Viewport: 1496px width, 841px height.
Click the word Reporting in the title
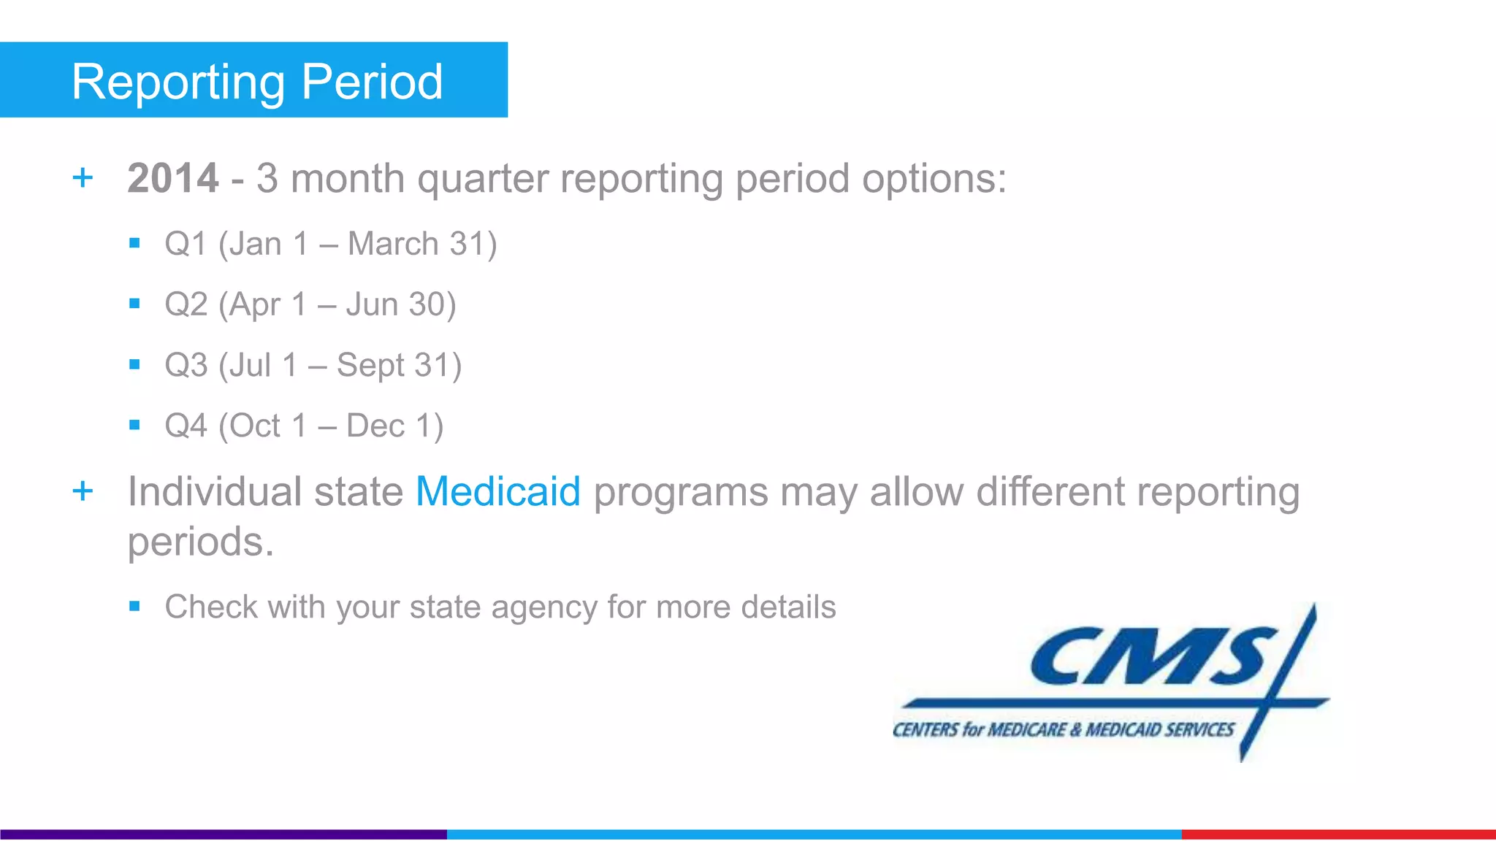click(178, 82)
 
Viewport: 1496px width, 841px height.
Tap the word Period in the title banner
click(372, 82)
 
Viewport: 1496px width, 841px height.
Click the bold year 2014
click(173, 178)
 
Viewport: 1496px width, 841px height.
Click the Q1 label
click(186, 244)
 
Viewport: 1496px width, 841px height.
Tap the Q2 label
click(186, 304)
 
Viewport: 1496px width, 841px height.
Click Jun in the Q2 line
click(372, 304)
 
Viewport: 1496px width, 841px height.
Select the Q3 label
click(186, 365)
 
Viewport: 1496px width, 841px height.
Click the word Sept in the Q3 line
click(370, 365)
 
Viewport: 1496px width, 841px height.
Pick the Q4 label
click(186, 426)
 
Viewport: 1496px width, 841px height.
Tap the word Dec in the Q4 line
click(375, 426)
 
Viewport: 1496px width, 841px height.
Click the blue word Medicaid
click(498, 491)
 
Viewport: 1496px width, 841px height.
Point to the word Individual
click(215, 491)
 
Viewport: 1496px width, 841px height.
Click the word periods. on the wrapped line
click(201, 542)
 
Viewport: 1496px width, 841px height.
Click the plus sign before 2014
click(83, 178)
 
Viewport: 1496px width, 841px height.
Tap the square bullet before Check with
click(134, 606)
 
